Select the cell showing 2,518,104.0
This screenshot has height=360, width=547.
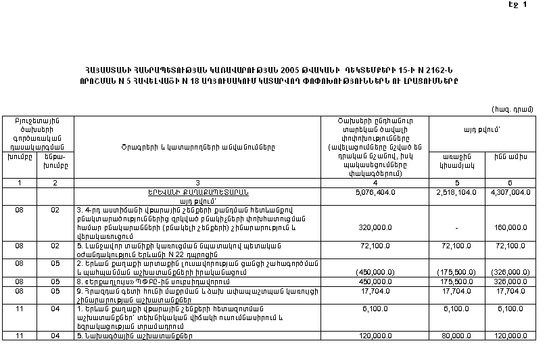click(459, 192)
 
